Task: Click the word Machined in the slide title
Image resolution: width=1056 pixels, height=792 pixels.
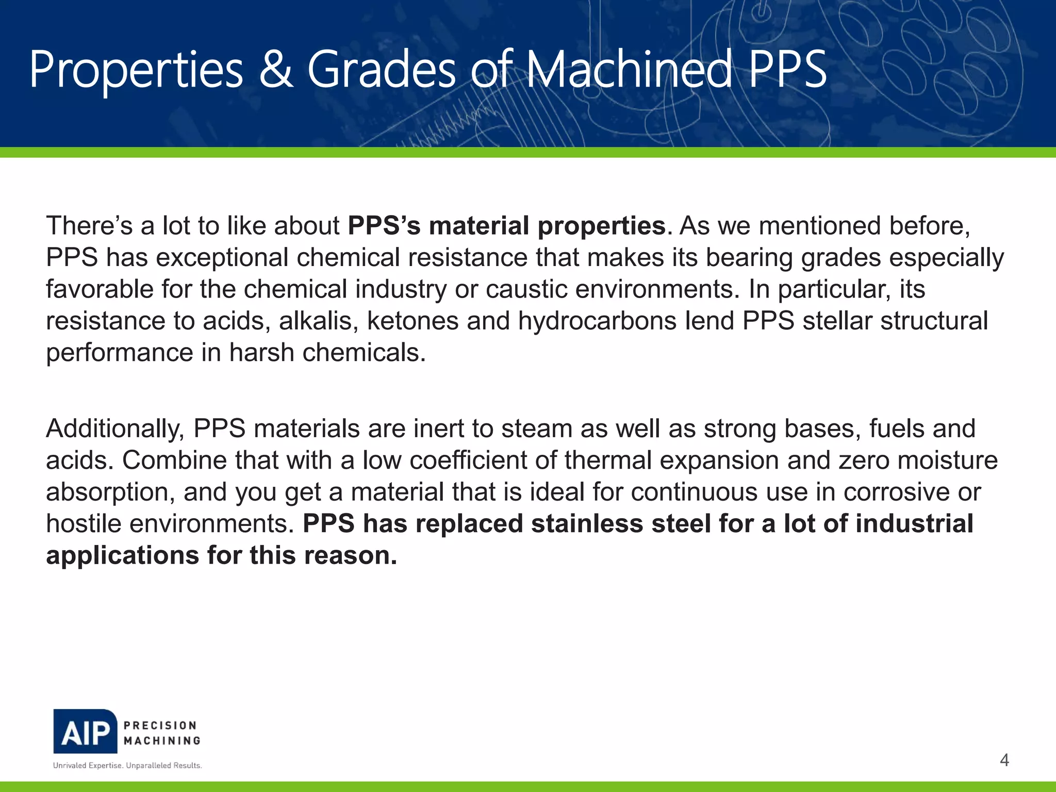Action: point(629,70)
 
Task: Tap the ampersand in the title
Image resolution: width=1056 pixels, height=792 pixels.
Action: point(276,70)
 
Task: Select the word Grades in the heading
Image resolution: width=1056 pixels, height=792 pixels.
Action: point(382,70)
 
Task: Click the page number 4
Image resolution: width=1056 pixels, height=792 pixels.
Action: point(1004,760)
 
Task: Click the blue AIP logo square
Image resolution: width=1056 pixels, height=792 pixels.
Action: point(85,732)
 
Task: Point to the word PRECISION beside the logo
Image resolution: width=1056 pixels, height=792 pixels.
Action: point(160,725)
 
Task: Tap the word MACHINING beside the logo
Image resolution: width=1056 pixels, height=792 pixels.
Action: point(162,740)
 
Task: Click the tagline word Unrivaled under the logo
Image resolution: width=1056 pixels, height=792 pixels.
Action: point(70,766)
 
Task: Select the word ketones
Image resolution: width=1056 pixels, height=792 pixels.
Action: point(412,321)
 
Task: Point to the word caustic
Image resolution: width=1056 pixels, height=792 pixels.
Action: point(526,289)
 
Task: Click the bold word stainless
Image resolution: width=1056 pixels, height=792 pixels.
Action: point(587,524)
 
